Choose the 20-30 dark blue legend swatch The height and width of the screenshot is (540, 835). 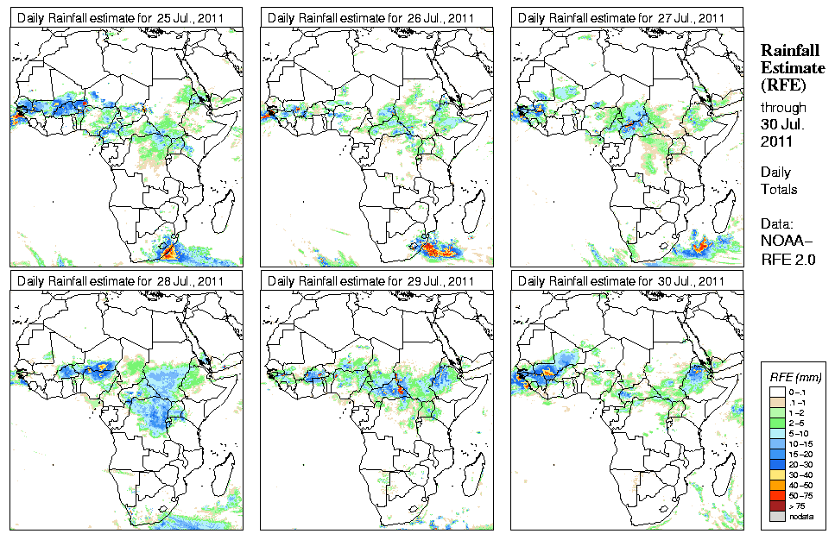coord(775,462)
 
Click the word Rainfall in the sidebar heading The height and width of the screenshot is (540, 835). coord(789,52)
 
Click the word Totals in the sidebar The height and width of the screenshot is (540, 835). coord(779,189)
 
